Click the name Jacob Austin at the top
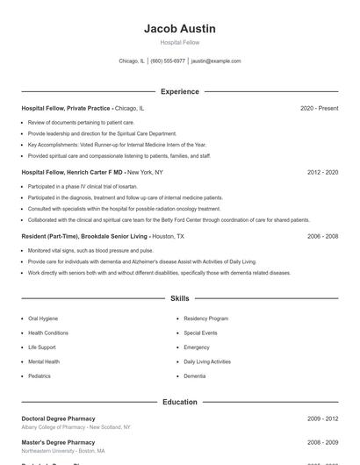(179, 29)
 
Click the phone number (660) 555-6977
(168, 61)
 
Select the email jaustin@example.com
(216, 61)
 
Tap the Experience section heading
(179, 91)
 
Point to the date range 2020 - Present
(319, 108)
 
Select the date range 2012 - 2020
(322, 172)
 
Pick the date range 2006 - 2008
(322, 236)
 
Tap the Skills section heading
(179, 298)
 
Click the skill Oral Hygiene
(43, 318)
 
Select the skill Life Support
(42, 347)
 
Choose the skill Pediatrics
(40, 376)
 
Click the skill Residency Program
(206, 318)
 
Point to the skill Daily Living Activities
(207, 361)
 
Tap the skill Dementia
(195, 376)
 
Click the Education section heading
(179, 402)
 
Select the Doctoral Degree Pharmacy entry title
(58, 418)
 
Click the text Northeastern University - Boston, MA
(63, 450)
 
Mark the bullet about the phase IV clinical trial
(83, 186)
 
